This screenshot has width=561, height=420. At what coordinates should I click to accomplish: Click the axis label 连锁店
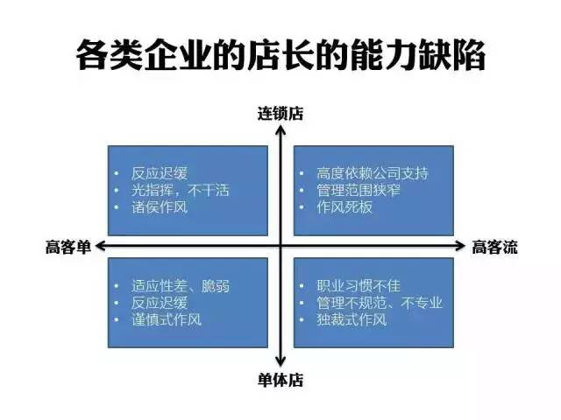click(280, 114)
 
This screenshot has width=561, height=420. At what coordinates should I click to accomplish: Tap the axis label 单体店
click(280, 380)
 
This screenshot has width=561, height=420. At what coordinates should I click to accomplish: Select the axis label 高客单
click(68, 247)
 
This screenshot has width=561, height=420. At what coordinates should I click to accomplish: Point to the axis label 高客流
click(494, 247)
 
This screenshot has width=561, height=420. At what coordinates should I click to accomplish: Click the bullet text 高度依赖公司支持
click(372, 173)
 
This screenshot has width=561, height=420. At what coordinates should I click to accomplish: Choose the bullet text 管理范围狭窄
click(359, 190)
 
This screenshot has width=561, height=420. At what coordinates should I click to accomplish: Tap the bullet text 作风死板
click(344, 207)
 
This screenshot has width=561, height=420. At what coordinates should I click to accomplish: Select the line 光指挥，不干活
click(181, 190)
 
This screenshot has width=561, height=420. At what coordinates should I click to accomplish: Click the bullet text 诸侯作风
click(160, 207)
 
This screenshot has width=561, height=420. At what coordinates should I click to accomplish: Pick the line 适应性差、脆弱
click(181, 286)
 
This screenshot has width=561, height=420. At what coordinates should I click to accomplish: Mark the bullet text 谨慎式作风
click(167, 319)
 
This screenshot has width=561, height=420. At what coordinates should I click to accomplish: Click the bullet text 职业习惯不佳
click(359, 286)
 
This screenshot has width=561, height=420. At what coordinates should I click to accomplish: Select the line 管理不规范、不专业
click(380, 303)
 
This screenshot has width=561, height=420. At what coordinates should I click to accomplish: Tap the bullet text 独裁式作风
click(352, 319)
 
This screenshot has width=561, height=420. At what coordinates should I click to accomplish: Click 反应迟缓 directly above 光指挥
click(160, 173)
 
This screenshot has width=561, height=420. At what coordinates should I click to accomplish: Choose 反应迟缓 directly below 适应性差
click(160, 303)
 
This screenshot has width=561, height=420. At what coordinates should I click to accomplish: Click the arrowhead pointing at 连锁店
click(280, 130)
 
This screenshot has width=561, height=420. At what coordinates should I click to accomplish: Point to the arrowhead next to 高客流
click(460, 246)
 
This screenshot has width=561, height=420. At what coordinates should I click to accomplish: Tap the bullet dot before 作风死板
click(302, 207)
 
